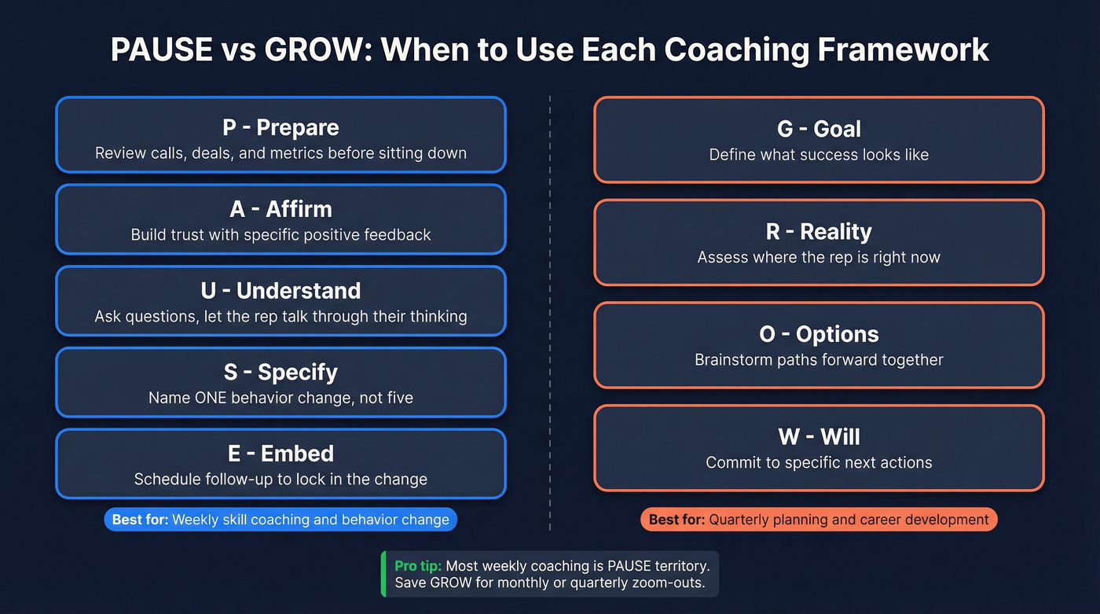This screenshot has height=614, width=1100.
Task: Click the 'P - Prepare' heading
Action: click(x=280, y=127)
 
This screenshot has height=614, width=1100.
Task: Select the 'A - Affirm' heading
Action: click(x=280, y=209)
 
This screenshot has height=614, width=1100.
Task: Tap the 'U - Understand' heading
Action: click(x=280, y=291)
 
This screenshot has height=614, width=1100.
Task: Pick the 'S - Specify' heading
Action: click(x=280, y=372)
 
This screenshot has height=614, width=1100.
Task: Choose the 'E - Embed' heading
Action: click(x=280, y=454)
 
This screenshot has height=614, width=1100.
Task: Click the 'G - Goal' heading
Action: click(x=819, y=129)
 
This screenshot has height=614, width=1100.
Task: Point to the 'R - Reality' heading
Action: click(x=819, y=232)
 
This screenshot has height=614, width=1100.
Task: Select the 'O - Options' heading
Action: click(x=819, y=334)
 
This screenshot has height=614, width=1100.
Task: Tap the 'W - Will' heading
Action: click(x=819, y=437)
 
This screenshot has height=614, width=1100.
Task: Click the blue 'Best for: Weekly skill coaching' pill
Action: click(x=280, y=520)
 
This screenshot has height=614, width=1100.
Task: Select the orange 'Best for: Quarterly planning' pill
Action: click(x=819, y=520)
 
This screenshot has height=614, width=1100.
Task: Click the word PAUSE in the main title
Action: click(x=163, y=50)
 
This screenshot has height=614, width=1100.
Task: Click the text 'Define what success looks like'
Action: click(x=819, y=155)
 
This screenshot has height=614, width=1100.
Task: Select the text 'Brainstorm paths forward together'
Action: click(x=819, y=360)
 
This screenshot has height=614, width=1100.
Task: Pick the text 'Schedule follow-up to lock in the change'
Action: click(x=280, y=480)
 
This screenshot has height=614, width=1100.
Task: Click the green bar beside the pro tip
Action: click(x=383, y=573)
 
